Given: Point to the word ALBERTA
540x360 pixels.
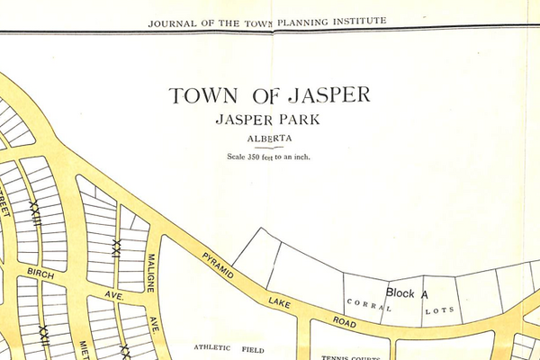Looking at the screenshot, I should click(x=270, y=139).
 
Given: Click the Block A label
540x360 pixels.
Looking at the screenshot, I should click(x=406, y=292).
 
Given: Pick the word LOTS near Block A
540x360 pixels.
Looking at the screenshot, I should click(x=440, y=310).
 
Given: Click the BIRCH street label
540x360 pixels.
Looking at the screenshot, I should click(x=41, y=273).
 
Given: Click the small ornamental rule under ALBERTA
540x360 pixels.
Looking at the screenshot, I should click(x=270, y=148).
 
